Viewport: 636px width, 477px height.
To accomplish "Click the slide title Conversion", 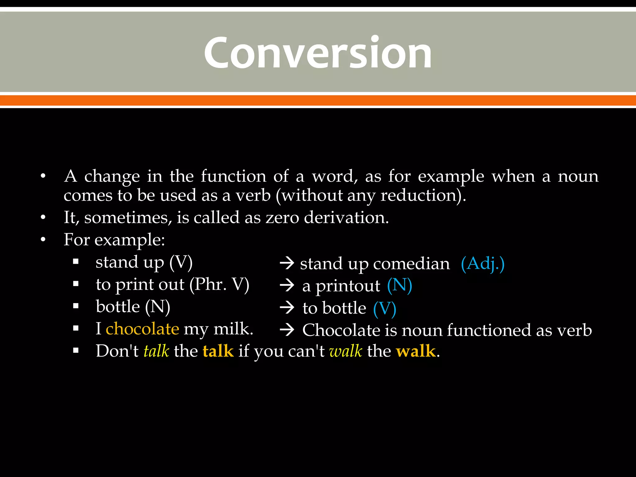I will [318, 52].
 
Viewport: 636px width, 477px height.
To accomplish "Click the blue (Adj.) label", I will [483, 264].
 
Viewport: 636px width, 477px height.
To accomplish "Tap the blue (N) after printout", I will [399, 286].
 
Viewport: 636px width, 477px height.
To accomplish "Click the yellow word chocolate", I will [142, 329].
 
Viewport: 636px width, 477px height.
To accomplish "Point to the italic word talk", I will [156, 351].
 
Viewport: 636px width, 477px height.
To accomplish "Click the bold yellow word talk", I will [218, 351].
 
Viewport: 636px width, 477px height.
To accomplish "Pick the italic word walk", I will [346, 351].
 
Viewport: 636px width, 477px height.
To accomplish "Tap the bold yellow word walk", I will [416, 351].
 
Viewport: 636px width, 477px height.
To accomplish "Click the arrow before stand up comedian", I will [287, 263].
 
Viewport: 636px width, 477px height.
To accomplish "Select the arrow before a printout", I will [287, 285].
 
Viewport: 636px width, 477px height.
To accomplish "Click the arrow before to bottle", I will [287, 308].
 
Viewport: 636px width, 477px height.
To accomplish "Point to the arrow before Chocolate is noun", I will [287, 330].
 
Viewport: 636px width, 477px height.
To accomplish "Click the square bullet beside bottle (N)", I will [76, 307].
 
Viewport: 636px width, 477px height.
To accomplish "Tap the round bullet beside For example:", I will [43, 240].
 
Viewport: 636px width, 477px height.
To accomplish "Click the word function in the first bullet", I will [233, 176].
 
